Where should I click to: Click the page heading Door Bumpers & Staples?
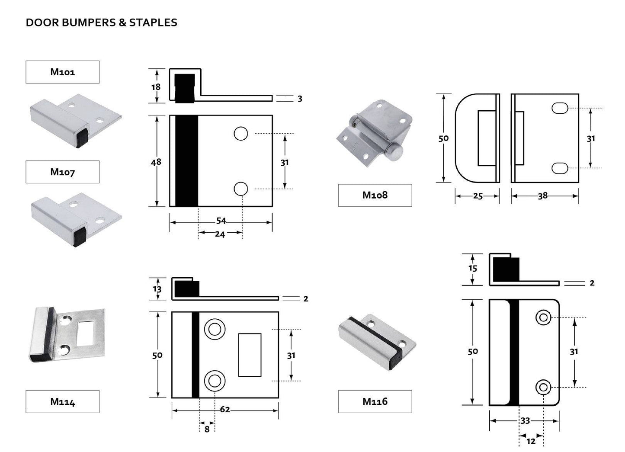pyautogui.click(x=101, y=22)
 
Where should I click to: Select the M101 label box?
pyautogui.click(x=63, y=72)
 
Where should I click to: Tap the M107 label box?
pyautogui.click(x=63, y=172)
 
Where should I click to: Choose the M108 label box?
pyautogui.click(x=375, y=195)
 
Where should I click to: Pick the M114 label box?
pyautogui.click(x=63, y=401)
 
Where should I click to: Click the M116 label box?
pyautogui.click(x=375, y=401)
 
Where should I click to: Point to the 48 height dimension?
pyautogui.click(x=156, y=161)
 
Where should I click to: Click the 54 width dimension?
pyautogui.click(x=221, y=221)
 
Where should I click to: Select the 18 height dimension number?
pyautogui.click(x=156, y=87)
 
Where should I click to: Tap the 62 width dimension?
pyautogui.click(x=225, y=409)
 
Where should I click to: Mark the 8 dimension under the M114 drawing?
pyautogui.click(x=207, y=430)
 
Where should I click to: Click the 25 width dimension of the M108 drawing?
pyautogui.click(x=478, y=196)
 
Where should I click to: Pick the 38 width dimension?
pyautogui.click(x=542, y=196)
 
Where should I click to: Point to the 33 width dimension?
pyautogui.click(x=525, y=420)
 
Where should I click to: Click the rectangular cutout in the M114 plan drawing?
pyautogui.click(x=250, y=355)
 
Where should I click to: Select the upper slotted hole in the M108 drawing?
pyautogui.click(x=560, y=108)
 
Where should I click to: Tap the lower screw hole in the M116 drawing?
pyautogui.click(x=543, y=387)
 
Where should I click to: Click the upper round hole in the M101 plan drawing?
pyautogui.click(x=241, y=134)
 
